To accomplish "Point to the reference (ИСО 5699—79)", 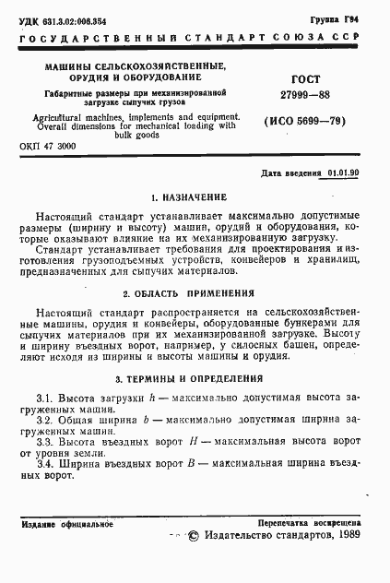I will tap(304, 122).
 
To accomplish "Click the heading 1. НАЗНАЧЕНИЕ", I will tap(195, 198).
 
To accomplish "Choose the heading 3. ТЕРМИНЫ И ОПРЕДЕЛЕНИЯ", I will tap(195, 378).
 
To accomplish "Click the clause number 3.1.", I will tap(44, 397).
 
